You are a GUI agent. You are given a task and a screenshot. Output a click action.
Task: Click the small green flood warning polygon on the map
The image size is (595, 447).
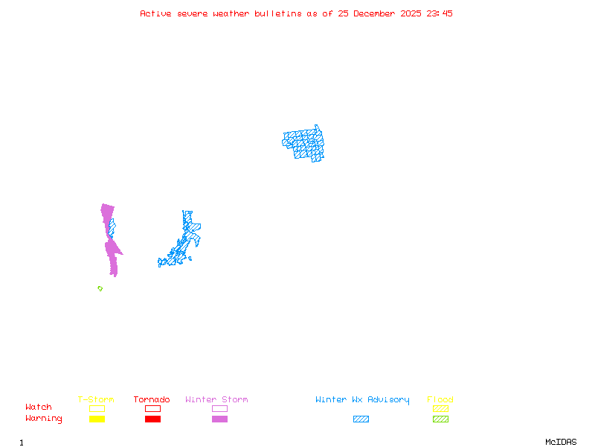pos(100,288)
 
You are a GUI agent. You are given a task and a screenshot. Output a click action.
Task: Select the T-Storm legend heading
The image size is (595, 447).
pos(96,399)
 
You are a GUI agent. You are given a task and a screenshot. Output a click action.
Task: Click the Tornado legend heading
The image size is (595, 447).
pos(152,399)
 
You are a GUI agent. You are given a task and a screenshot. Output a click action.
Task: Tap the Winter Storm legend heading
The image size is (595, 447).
pos(216,399)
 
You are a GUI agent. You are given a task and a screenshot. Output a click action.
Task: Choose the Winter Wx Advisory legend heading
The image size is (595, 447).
pos(362,399)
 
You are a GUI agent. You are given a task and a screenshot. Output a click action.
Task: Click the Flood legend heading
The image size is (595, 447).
pos(440,399)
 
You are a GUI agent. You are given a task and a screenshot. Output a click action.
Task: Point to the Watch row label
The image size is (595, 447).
pos(39,408)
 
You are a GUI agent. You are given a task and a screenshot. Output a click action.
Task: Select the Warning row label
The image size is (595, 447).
pos(44,419)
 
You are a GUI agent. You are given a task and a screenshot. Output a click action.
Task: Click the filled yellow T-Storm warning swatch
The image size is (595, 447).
pos(97,419)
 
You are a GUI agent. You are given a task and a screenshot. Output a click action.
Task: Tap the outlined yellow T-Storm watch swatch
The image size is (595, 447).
pos(97,408)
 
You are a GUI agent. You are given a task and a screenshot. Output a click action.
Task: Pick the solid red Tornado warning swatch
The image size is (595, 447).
pos(152,419)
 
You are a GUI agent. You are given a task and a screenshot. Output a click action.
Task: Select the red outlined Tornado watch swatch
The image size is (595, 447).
pos(152,408)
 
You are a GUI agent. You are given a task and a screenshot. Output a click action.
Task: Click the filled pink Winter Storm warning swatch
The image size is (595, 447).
pos(219,419)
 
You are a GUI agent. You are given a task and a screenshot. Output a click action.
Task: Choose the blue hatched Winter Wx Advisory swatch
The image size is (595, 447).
pos(361,419)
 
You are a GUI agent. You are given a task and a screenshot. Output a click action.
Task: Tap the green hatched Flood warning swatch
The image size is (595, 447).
pos(440,419)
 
